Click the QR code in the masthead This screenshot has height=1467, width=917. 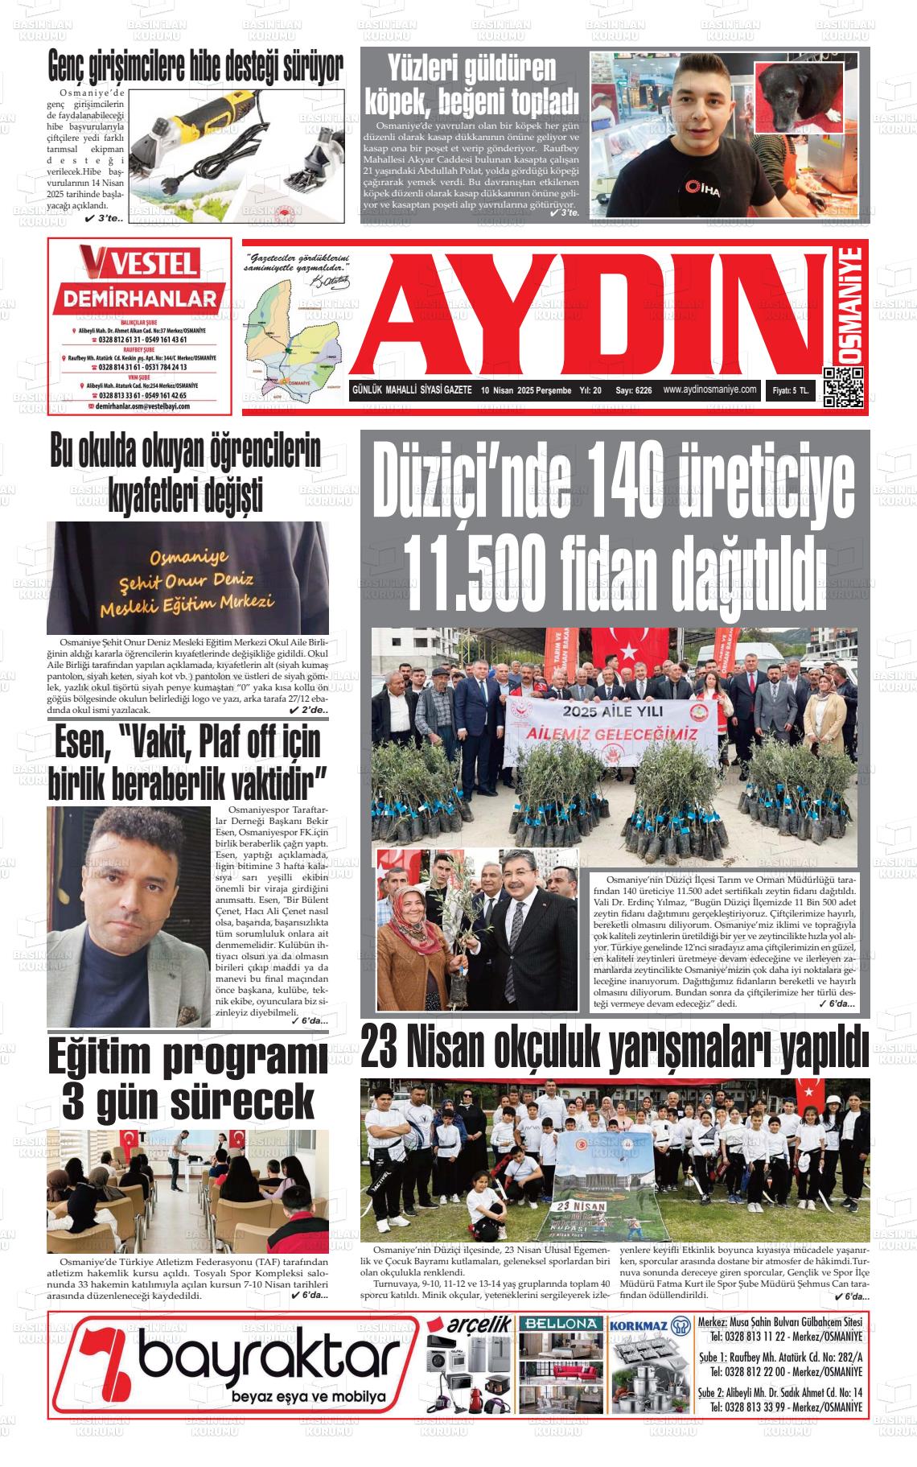click(x=844, y=388)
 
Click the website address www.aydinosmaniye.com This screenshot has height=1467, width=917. click(x=710, y=389)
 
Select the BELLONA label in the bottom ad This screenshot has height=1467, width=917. click(x=560, y=1324)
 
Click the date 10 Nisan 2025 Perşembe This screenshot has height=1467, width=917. click(x=526, y=390)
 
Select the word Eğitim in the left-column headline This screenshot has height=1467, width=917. click(x=113, y=1059)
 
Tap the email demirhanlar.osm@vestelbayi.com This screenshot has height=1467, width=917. click(x=142, y=406)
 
